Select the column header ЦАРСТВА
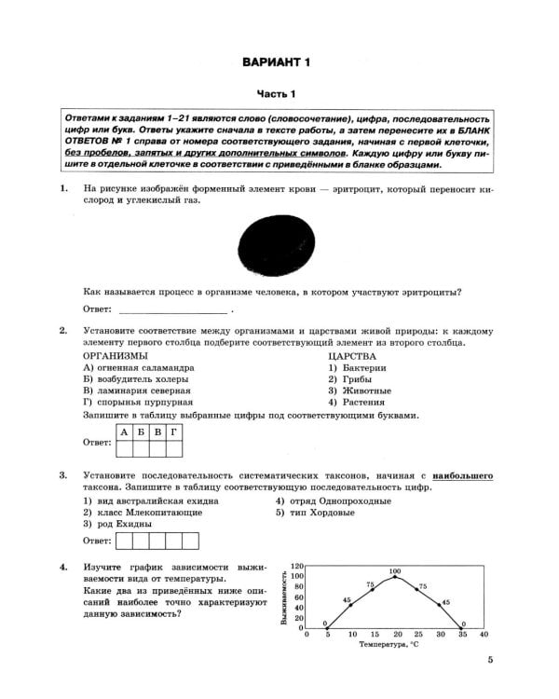pyautogui.click(x=352, y=356)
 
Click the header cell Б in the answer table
pyautogui.click(x=141, y=432)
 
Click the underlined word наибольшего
pyautogui.click(x=462, y=476)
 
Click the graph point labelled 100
pyautogui.click(x=395, y=577)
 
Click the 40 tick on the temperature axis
pyautogui.click(x=483, y=635)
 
